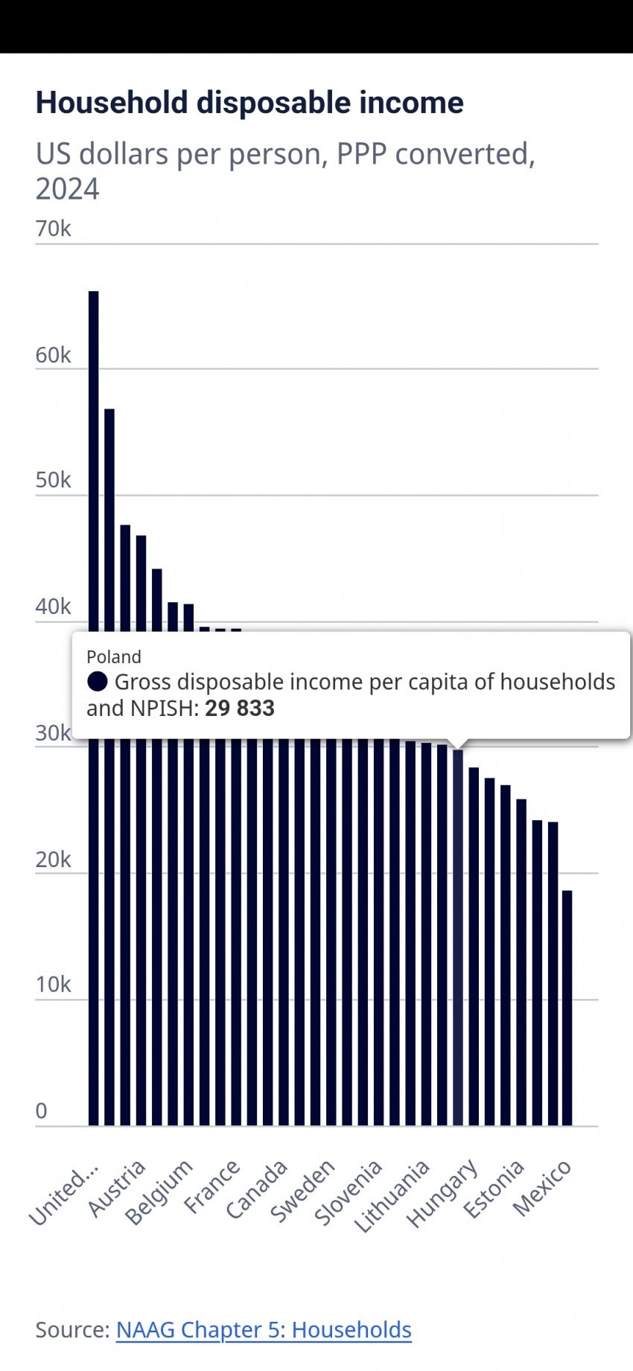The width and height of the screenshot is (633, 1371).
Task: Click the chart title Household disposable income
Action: [249, 103]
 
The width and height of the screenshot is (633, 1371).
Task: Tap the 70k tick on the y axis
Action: [53, 228]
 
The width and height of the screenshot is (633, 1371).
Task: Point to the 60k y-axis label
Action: [53, 355]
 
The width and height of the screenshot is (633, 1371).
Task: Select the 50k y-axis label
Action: [53, 480]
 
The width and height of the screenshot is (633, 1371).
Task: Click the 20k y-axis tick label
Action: [53, 860]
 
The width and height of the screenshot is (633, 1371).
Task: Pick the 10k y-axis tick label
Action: [53, 985]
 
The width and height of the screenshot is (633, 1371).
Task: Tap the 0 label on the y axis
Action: [42, 1110]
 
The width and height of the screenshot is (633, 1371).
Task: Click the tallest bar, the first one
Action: [94, 707]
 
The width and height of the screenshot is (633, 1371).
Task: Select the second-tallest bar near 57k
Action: [109, 767]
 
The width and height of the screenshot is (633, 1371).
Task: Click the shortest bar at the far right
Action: [567, 1008]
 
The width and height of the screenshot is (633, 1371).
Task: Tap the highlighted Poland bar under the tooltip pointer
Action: [458, 938]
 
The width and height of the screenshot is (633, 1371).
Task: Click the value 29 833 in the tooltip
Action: [240, 708]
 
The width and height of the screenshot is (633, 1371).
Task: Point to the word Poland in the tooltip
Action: [114, 657]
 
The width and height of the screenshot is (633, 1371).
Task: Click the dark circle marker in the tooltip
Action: [98, 682]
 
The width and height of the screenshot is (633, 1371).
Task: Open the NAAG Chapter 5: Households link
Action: [264, 1330]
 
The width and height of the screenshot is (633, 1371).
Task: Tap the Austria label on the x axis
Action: [118, 1189]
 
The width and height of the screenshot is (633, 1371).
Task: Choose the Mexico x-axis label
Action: [543, 1189]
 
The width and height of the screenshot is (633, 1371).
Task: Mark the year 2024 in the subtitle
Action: [67, 189]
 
